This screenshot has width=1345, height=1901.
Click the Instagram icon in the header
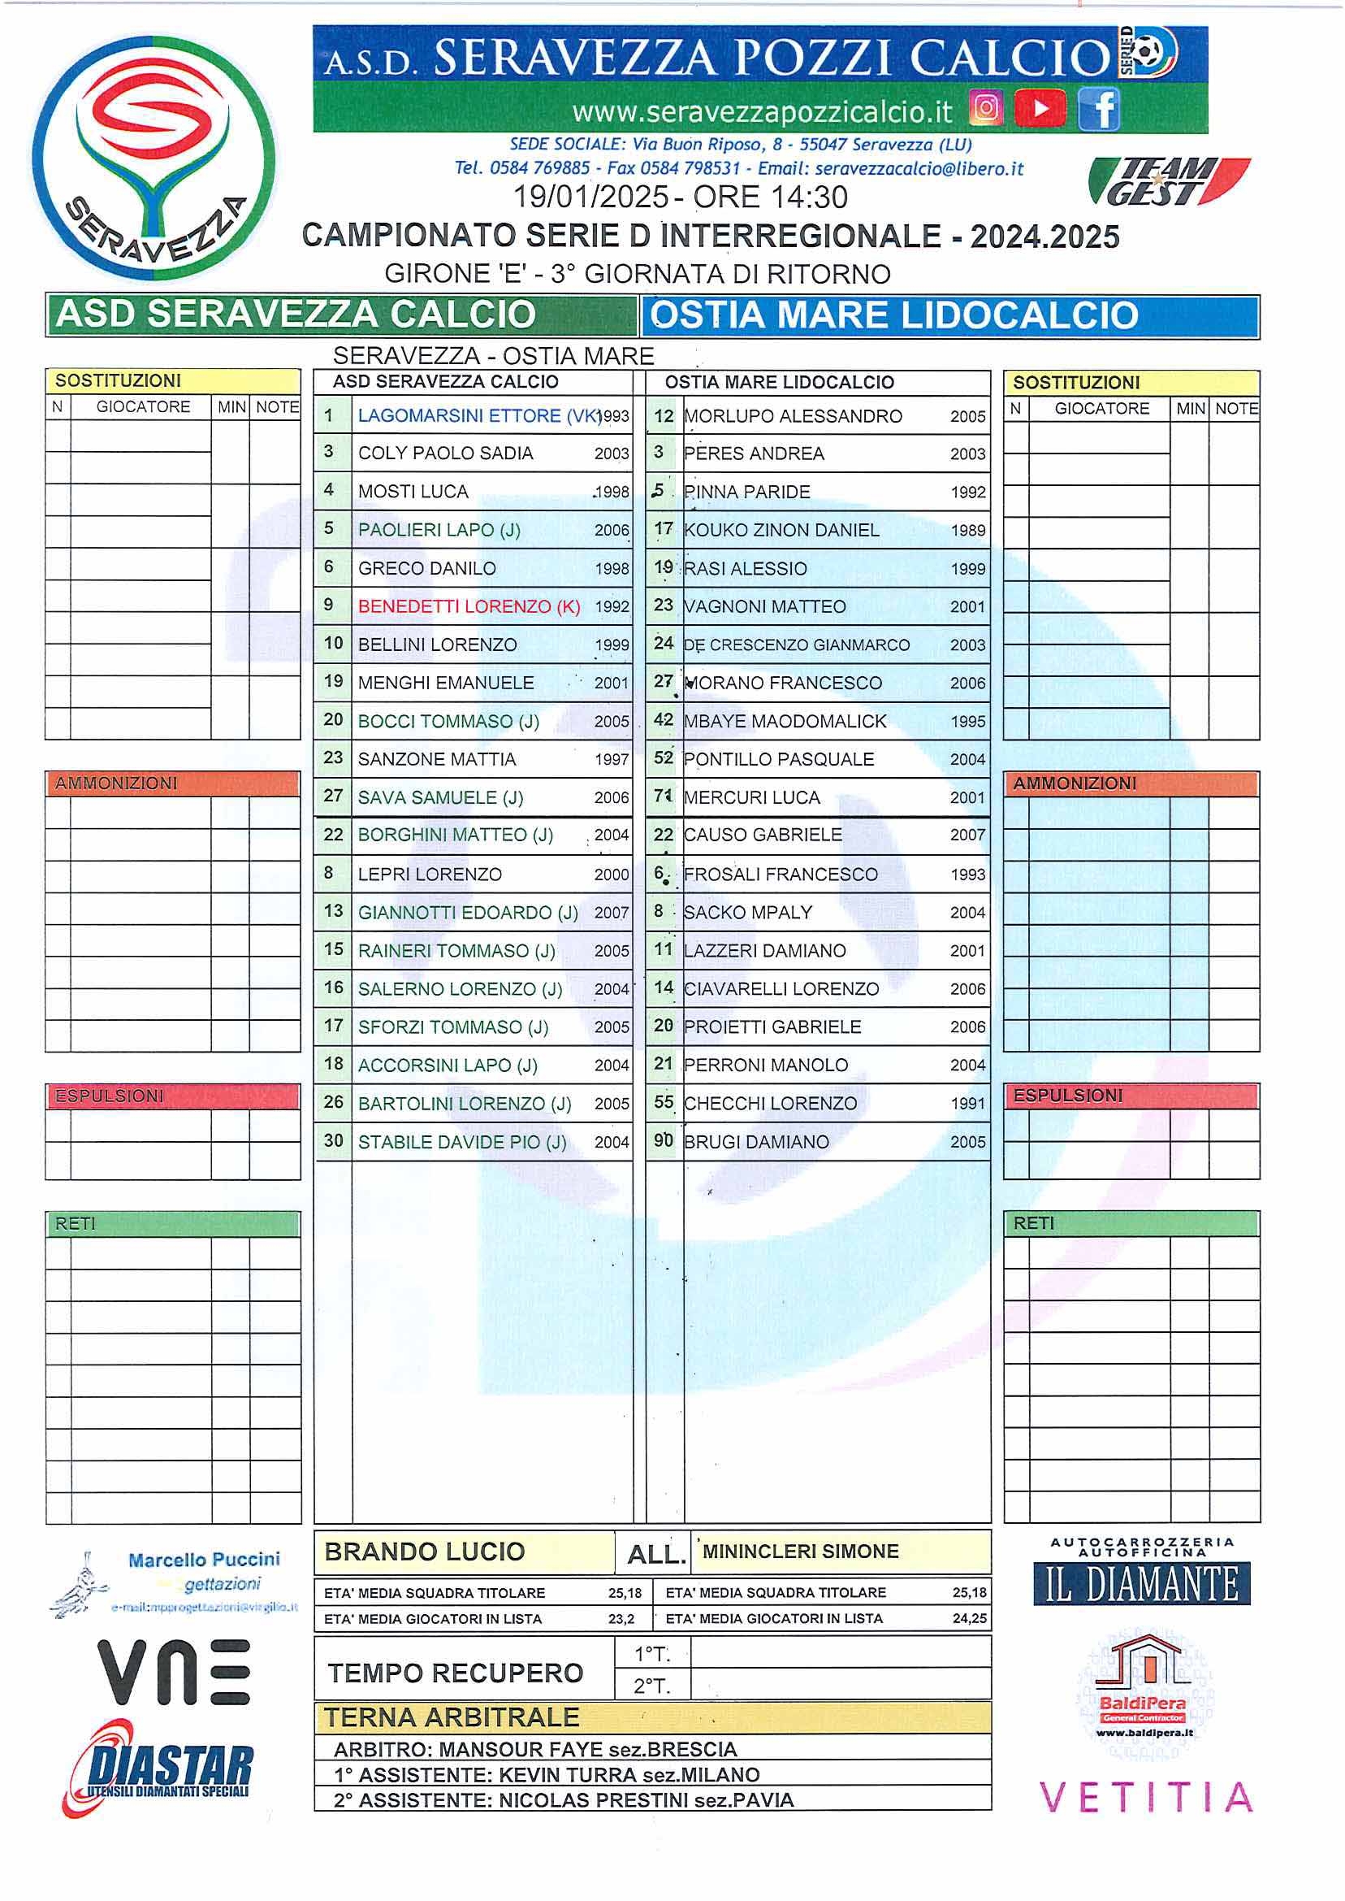tap(985, 109)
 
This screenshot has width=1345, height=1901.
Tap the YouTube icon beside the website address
tap(1040, 109)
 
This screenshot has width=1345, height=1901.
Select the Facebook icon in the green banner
tap(1099, 110)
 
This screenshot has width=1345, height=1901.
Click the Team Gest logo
tap(1168, 181)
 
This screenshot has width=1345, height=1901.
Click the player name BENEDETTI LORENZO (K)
tap(469, 606)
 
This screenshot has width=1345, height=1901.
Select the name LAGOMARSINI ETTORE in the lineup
tap(460, 416)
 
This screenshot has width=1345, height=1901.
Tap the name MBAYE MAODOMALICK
tap(785, 721)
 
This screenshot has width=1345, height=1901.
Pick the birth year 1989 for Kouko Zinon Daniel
tap(967, 531)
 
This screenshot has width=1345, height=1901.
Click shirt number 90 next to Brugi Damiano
tap(664, 1141)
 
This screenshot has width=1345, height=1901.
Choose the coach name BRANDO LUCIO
tap(425, 1552)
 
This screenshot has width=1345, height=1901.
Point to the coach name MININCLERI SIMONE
tap(800, 1552)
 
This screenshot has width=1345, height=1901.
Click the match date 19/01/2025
tap(590, 197)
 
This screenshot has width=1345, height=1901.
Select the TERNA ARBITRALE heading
tap(452, 1717)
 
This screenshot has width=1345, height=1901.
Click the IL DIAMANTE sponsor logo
tap(1141, 1585)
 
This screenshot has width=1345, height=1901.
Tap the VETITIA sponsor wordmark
tap(1145, 1798)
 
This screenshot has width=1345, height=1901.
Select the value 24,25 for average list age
tap(969, 1618)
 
